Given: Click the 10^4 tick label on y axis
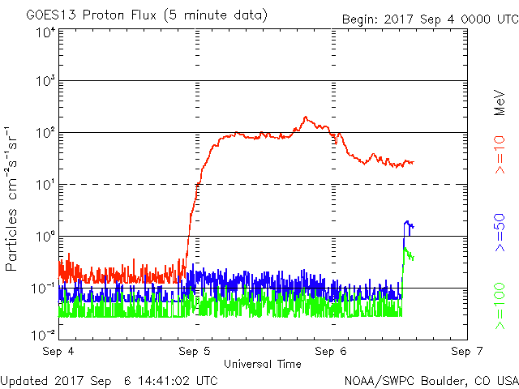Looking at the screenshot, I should (45, 32).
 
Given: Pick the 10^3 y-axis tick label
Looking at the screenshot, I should (45, 82).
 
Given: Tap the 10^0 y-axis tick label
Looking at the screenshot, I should (45, 237).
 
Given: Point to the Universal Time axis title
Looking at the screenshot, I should (262, 364).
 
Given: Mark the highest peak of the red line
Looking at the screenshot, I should (306, 117).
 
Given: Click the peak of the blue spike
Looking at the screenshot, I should (406, 220).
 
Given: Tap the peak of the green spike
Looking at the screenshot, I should (405, 248).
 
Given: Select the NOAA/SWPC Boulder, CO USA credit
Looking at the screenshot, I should (431, 380).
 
